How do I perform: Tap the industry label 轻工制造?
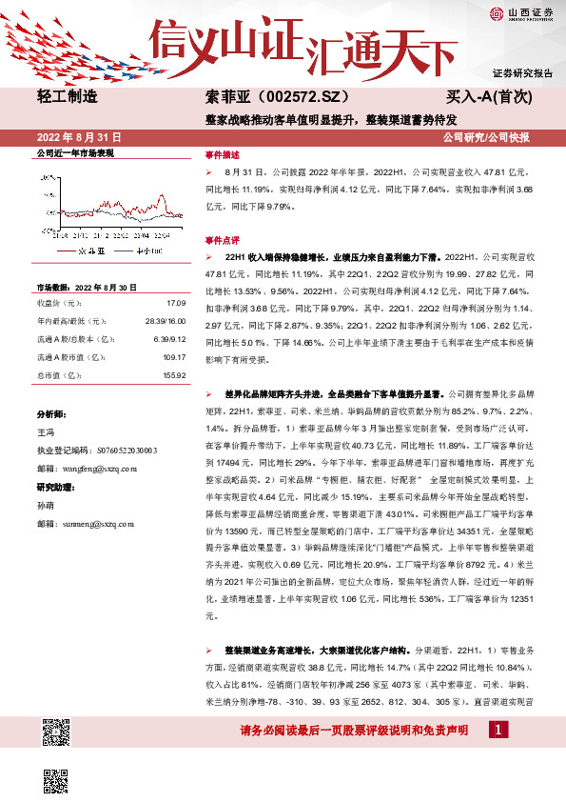(x=67, y=96)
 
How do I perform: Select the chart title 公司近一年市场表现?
(x=75, y=153)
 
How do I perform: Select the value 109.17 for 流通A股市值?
(x=171, y=357)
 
